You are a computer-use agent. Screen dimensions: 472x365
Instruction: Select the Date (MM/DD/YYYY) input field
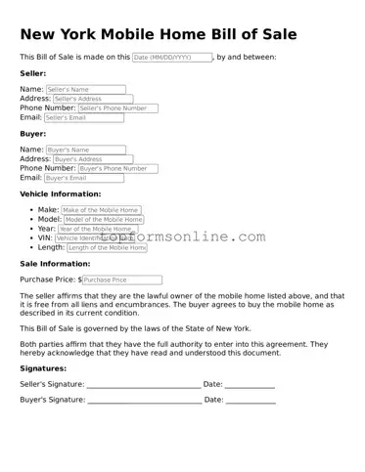click(172, 58)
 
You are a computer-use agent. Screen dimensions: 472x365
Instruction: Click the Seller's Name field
click(86, 89)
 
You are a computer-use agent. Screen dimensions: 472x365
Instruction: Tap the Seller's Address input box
click(91, 99)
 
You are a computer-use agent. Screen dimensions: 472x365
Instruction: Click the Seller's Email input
click(84, 118)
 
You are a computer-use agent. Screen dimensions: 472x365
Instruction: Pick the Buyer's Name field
click(86, 150)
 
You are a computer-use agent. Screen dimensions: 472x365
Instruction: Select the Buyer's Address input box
click(91, 159)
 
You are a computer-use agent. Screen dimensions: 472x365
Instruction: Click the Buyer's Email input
click(84, 178)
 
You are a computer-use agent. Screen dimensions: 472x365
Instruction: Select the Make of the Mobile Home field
click(101, 210)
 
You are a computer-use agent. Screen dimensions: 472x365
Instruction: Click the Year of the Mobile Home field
click(102, 229)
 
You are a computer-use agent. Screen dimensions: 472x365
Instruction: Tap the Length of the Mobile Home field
click(106, 248)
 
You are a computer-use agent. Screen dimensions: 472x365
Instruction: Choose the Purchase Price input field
click(122, 279)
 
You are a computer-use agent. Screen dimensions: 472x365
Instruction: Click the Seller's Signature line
click(144, 385)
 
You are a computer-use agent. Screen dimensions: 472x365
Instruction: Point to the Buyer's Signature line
click(144, 400)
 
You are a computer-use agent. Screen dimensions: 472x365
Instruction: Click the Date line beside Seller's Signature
click(250, 385)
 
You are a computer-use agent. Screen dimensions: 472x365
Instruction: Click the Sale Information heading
click(55, 264)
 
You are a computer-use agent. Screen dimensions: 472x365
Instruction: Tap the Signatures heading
click(43, 368)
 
